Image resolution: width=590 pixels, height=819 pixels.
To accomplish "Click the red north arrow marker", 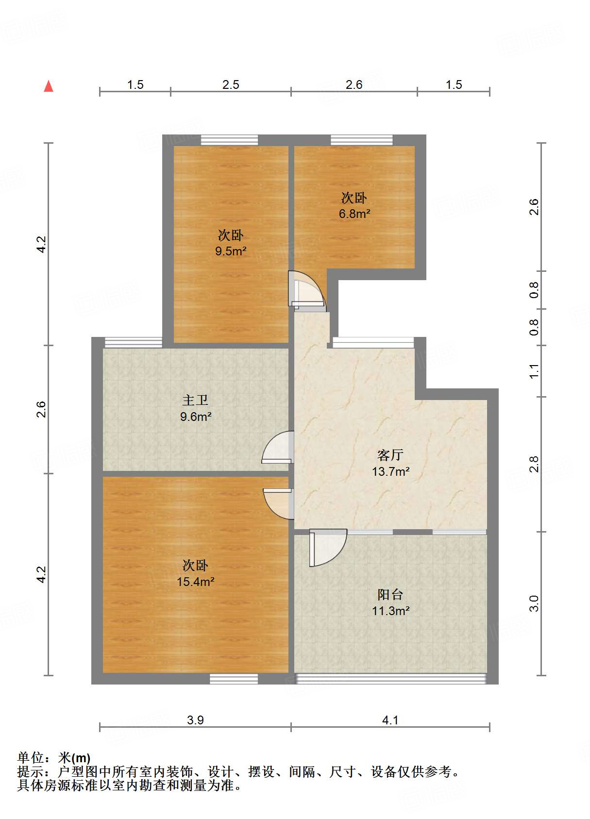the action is pyautogui.click(x=49, y=86).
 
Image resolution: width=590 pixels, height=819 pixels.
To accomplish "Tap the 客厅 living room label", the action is pyautogui.click(x=390, y=455).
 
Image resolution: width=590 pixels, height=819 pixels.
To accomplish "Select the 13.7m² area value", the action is pyautogui.click(x=390, y=471).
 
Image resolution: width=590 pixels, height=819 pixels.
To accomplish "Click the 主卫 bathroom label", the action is pyautogui.click(x=195, y=401).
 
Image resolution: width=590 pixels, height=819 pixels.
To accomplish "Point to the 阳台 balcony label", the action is pyautogui.click(x=390, y=595).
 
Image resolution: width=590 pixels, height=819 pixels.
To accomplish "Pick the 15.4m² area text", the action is pyautogui.click(x=195, y=581).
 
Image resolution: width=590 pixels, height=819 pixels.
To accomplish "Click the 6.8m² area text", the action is pyautogui.click(x=354, y=214).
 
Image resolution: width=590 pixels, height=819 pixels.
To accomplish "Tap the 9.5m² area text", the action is pyautogui.click(x=231, y=251).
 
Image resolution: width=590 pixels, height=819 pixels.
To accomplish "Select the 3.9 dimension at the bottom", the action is pyautogui.click(x=195, y=720).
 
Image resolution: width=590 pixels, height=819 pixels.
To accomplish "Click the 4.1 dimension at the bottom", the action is pyautogui.click(x=390, y=720).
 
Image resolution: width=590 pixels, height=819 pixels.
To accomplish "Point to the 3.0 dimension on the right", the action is pyautogui.click(x=534, y=603).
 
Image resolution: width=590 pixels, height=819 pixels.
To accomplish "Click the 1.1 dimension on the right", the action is pyautogui.click(x=534, y=371).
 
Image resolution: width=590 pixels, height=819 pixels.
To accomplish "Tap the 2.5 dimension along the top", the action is pyautogui.click(x=231, y=85).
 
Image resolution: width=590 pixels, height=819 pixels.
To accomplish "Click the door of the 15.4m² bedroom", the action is pyautogui.click(x=278, y=504).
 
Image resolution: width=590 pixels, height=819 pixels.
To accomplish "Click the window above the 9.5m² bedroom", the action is pyautogui.click(x=229, y=140).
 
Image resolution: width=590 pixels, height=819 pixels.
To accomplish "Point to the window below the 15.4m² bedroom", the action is pyautogui.click(x=234, y=679).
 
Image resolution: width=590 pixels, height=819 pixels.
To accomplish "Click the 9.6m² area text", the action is pyautogui.click(x=196, y=417).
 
